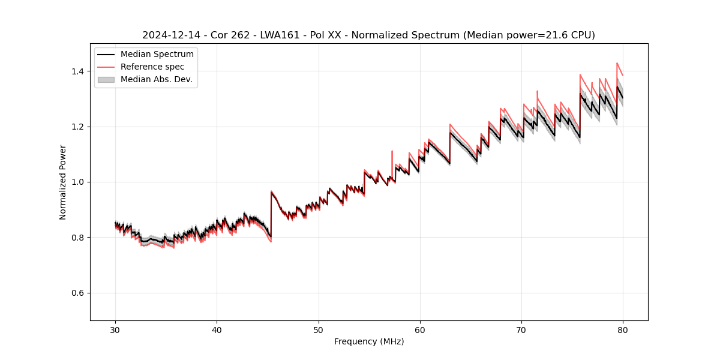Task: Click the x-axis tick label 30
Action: pos(115,329)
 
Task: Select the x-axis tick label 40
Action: pos(217,329)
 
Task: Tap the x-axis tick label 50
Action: pos(319,329)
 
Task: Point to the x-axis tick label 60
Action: pos(420,329)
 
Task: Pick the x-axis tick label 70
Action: pos(521,329)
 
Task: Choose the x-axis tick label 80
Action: pos(623,329)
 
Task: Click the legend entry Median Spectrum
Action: pos(157,55)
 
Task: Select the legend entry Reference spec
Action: pos(152,67)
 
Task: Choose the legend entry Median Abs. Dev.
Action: pos(156,79)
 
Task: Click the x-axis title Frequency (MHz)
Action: pos(369,341)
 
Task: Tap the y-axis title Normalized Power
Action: pos(63,182)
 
